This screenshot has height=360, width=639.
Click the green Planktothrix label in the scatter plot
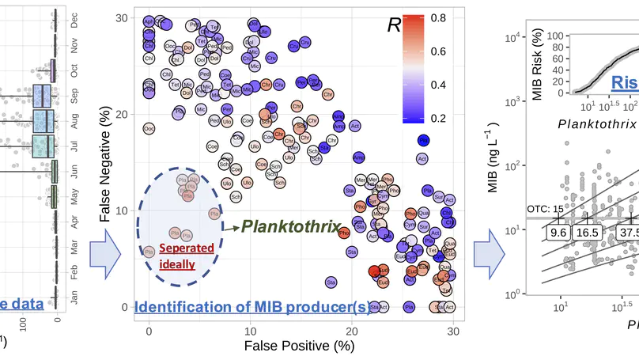(290, 226)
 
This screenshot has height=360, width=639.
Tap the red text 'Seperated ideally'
(186, 254)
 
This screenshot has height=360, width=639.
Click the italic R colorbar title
(393, 25)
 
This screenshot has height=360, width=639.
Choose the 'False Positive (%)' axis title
(300, 347)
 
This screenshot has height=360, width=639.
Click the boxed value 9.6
(559, 233)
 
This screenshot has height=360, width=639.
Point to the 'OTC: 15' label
(544, 208)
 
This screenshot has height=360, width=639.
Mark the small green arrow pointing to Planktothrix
(231, 227)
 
